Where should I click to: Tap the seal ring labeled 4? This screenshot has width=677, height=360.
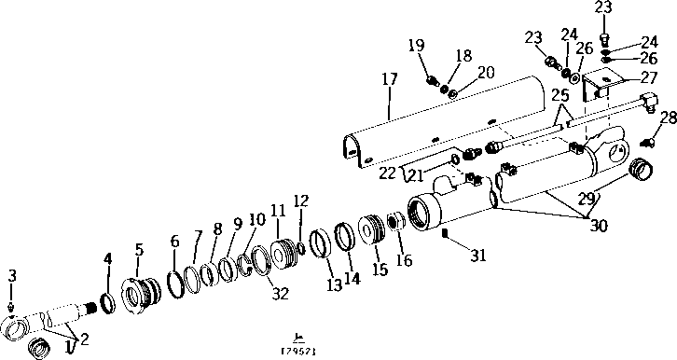pyautogui.click(x=107, y=302)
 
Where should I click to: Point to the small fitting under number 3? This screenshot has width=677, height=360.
pyautogui.click(x=11, y=307)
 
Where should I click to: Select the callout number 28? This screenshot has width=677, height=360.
pyautogui.click(x=667, y=118)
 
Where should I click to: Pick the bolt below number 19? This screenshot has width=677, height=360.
pyautogui.click(x=433, y=81)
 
